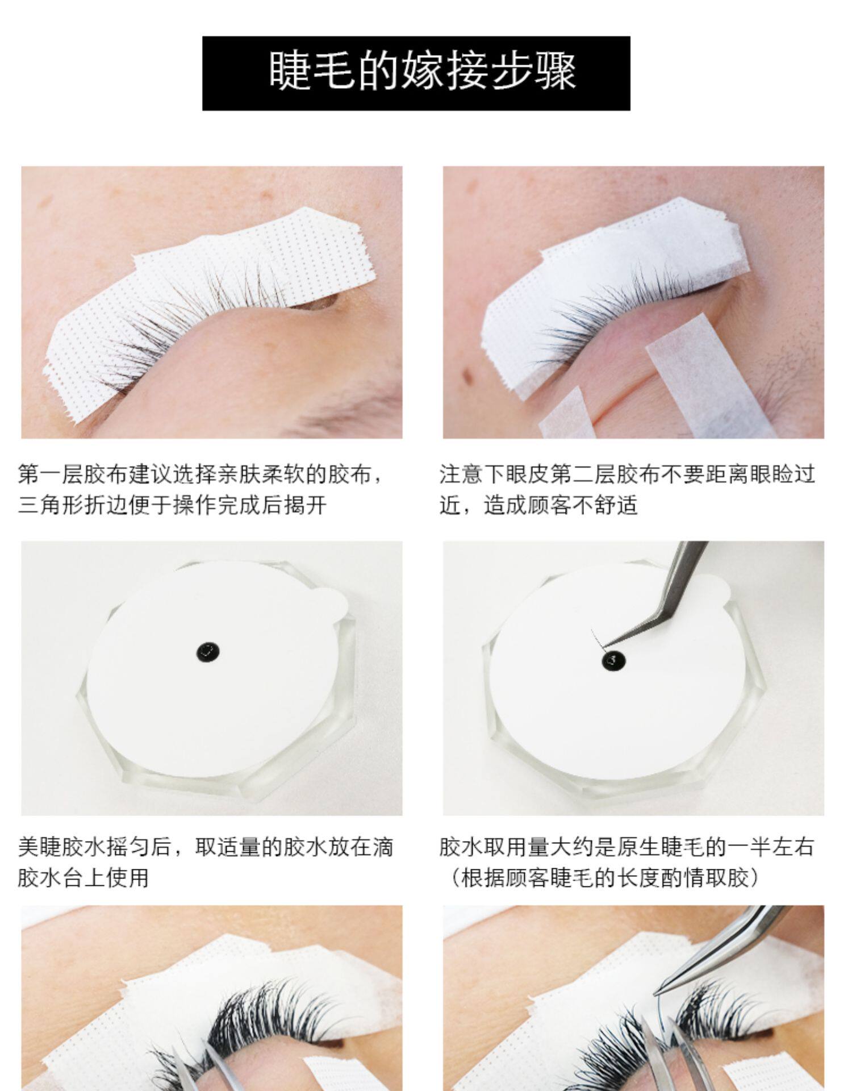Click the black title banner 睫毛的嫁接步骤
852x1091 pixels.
[416, 73]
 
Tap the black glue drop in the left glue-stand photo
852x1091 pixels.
[208, 653]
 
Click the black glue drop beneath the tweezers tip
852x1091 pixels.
[614, 660]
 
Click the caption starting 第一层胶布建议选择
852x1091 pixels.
[201, 489]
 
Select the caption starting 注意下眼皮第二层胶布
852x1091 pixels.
[627, 489]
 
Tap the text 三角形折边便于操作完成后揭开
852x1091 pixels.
[172, 505]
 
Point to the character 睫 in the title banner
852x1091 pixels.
[290, 72]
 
